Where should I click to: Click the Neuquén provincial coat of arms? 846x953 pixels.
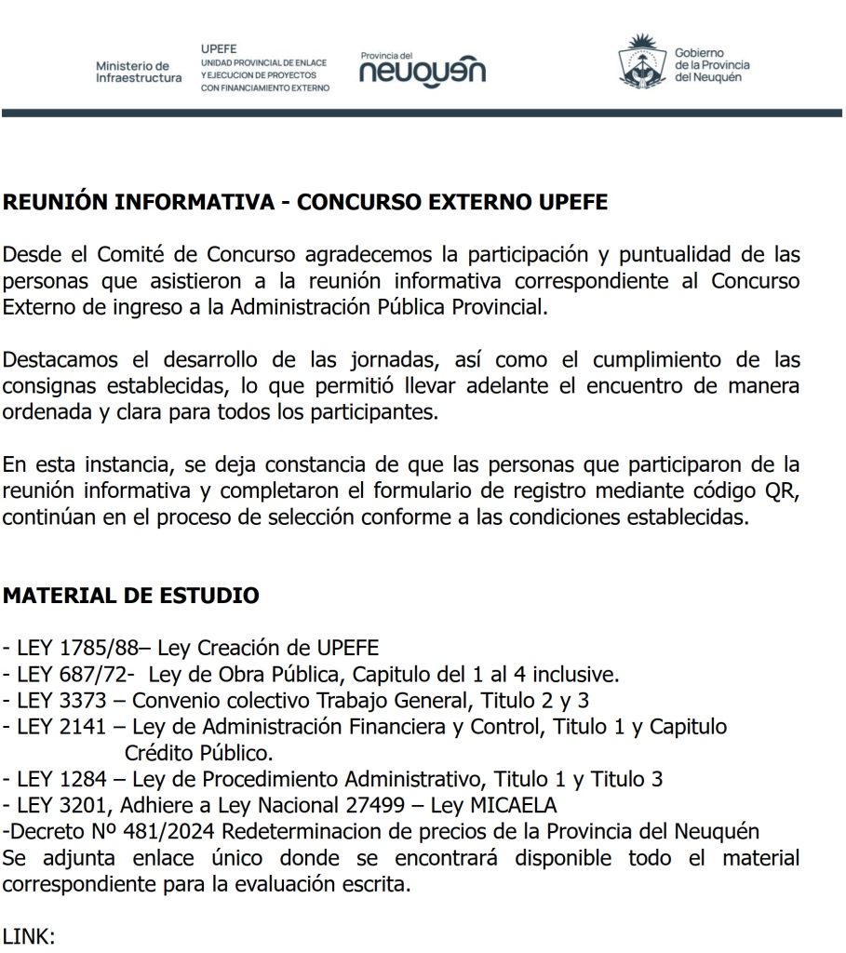[x=640, y=62]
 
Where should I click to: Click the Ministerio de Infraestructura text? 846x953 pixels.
[x=139, y=72]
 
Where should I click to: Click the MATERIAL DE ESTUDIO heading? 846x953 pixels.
[x=131, y=596]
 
